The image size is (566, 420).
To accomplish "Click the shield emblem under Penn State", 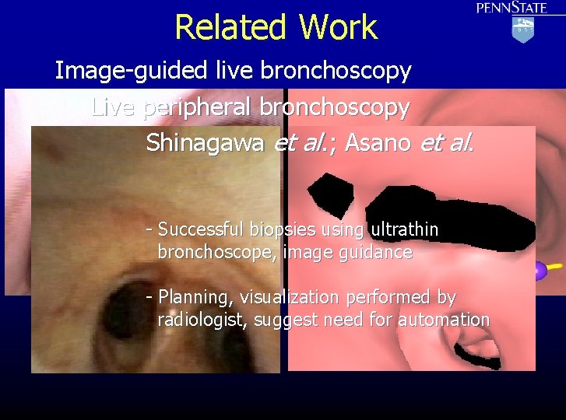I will point(522,30).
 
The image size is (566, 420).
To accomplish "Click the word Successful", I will point(201,230).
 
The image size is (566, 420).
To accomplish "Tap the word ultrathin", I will point(405,229).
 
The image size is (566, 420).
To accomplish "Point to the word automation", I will point(444,320).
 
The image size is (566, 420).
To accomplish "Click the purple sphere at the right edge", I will point(538,271).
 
